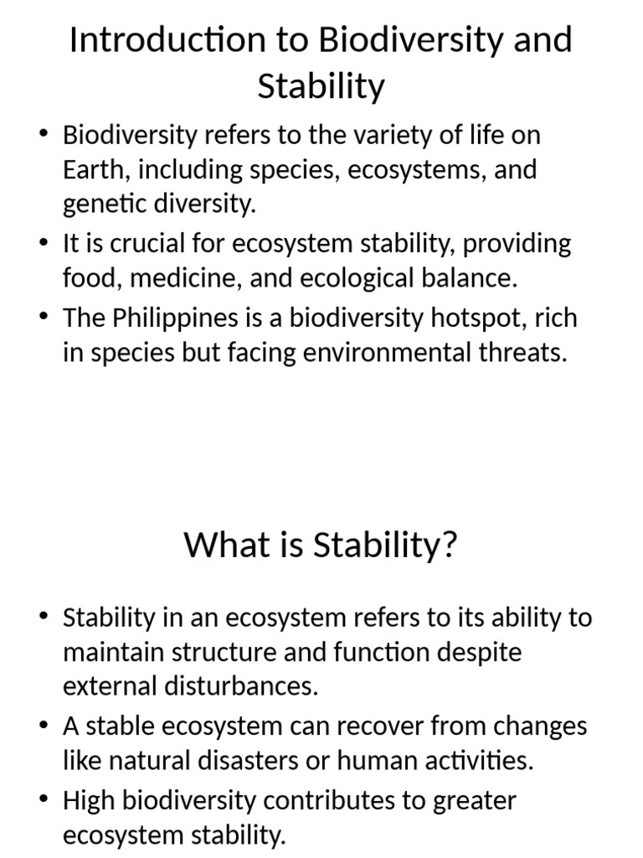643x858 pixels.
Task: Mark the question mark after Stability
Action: [x=449, y=545]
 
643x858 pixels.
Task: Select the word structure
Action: [x=215, y=652]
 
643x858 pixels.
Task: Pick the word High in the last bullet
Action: [x=90, y=801]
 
